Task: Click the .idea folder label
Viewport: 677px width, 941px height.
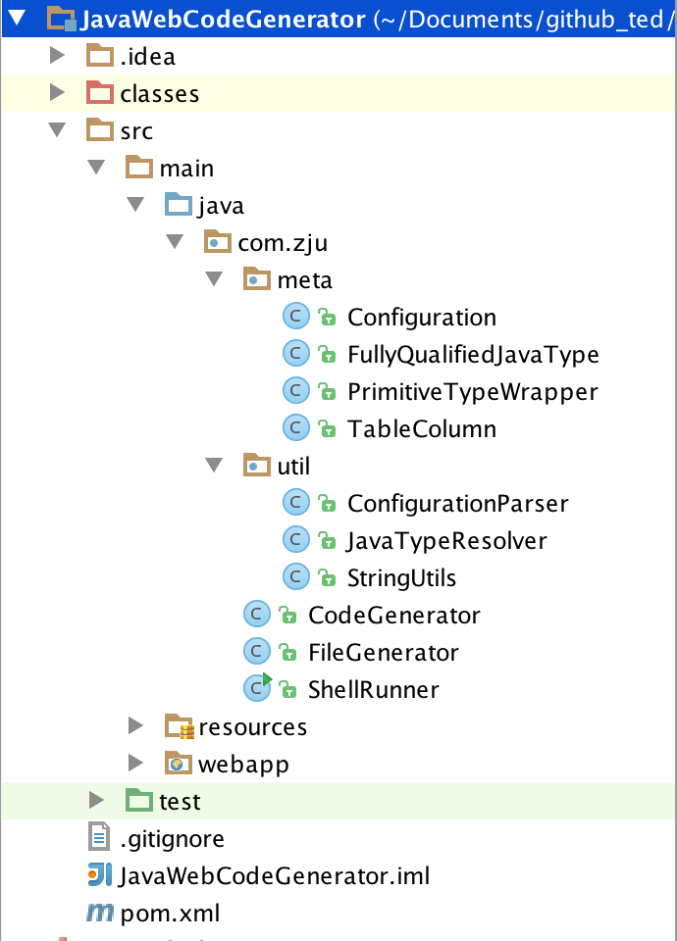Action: [147, 57]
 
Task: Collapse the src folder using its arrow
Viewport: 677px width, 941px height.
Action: [57, 130]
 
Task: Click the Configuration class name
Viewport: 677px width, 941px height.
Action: [422, 318]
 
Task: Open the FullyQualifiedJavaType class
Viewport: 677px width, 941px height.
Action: [473, 355]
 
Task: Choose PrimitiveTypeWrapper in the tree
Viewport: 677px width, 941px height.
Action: [472, 392]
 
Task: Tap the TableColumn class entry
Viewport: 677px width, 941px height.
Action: [422, 429]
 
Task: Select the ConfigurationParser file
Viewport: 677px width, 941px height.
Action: [457, 504]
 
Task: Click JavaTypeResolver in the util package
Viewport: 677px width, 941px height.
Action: [446, 541]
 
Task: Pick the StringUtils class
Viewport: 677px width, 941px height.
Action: [401, 578]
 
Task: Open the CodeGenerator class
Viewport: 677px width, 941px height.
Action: [393, 616]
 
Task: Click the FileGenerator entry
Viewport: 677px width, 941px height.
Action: [383, 653]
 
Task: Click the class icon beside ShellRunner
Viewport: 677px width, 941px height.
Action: [257, 689]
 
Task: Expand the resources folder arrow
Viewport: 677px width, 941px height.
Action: [135, 726]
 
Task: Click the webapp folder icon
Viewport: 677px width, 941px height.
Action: [179, 765]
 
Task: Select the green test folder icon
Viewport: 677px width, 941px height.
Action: [139, 802]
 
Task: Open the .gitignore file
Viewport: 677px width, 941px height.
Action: [172, 839]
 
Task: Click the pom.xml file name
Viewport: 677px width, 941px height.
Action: [170, 915]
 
